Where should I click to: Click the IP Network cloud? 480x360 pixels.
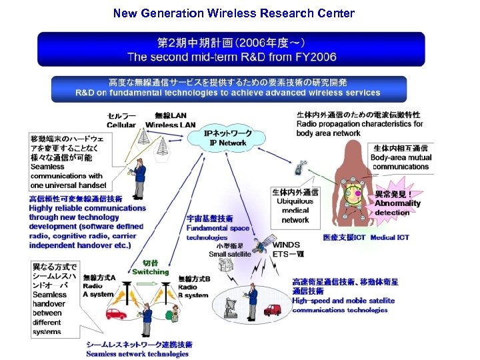tap(228, 138)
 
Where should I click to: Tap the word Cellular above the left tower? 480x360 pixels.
tap(121, 125)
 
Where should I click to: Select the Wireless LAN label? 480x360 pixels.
tap(171, 125)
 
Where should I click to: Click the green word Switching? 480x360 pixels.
tap(151, 272)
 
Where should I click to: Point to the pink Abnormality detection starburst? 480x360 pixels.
tap(397, 203)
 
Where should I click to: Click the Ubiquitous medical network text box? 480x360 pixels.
tap(295, 206)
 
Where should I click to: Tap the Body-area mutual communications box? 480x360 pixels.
tap(401, 157)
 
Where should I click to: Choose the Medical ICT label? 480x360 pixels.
tap(390, 237)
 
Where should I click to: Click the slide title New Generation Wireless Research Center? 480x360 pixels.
tap(234, 13)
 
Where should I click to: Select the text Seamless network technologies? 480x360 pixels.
tap(137, 354)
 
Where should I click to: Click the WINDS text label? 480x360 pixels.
tap(286, 245)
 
